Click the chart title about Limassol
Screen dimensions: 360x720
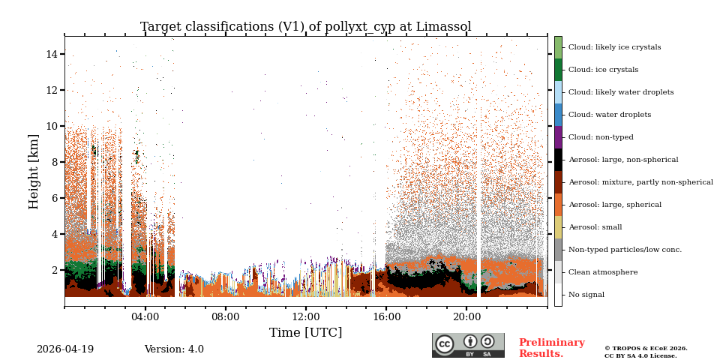305,27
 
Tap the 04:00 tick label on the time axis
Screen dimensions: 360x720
145,316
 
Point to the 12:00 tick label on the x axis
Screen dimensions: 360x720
305,316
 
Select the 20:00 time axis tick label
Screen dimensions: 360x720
466,316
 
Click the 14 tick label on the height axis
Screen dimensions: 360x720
52,54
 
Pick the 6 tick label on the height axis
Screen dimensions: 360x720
55,198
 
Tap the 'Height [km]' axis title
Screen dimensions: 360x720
34,171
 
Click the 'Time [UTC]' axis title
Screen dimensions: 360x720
305,333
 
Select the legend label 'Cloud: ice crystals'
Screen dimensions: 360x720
603,70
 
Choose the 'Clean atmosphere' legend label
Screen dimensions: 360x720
602,272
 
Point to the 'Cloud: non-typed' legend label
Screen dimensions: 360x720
601,137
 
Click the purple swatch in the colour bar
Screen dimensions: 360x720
558,137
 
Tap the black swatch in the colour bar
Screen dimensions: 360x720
558,160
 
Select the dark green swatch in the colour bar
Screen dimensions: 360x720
558,70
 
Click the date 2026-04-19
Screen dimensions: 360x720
65,349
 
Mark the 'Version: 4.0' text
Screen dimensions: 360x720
174,349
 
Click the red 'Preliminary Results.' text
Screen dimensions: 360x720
551,348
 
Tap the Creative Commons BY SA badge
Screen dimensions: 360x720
468,345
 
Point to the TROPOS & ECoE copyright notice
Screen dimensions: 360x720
646,352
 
